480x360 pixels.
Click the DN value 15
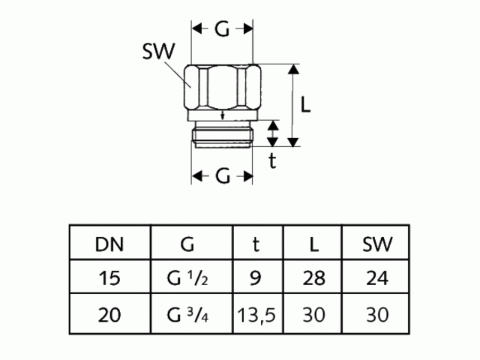pyautogui.click(x=109, y=278)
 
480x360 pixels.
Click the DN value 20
pyautogui.click(x=109, y=313)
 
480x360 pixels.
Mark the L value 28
pyautogui.click(x=313, y=278)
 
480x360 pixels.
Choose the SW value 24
pyautogui.click(x=377, y=278)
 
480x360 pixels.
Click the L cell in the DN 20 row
pyautogui.click(x=313, y=313)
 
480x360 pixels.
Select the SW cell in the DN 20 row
pyautogui.click(x=377, y=313)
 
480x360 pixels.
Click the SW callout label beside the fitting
pyautogui.click(x=158, y=52)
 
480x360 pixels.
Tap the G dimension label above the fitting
pyautogui.click(x=223, y=29)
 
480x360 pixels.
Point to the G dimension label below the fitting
pyautogui.click(x=223, y=176)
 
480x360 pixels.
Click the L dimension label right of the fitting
pyautogui.click(x=305, y=105)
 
